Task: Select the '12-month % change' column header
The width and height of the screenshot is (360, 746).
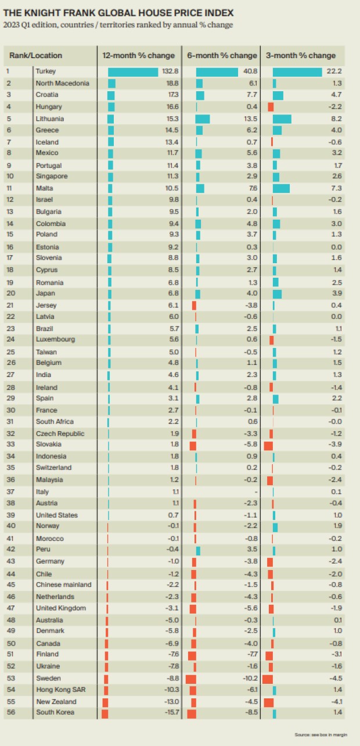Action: [x=138, y=56]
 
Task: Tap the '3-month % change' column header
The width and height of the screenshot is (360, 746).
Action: [x=301, y=56]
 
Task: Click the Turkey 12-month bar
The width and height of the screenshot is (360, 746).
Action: [x=133, y=71]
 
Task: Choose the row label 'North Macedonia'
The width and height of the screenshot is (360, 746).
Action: [x=62, y=83]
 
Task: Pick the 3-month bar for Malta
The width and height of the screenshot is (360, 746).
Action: [x=281, y=188]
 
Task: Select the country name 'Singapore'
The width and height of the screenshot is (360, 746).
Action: [x=51, y=177]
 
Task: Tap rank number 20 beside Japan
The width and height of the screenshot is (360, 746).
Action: [x=9, y=293]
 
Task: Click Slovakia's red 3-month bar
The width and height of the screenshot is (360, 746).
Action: [x=268, y=445]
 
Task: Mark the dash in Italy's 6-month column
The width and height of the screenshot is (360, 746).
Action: [x=255, y=492]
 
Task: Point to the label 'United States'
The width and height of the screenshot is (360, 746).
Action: [x=56, y=515]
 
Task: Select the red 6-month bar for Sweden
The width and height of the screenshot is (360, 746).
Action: [x=191, y=679]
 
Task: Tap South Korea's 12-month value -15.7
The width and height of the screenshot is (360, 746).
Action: [x=167, y=713]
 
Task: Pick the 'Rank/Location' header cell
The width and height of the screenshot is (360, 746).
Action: [x=35, y=56]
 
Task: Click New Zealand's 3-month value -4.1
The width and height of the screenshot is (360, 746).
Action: [x=335, y=702]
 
